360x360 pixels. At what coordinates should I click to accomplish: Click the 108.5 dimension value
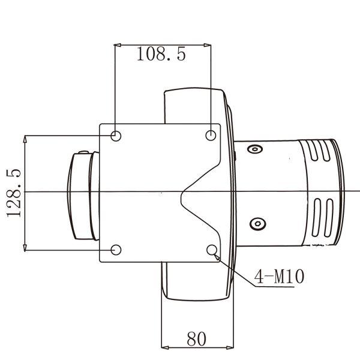click(161, 55)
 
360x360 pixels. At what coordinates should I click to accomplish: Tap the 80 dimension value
click(196, 338)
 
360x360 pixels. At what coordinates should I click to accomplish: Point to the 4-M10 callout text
click(280, 276)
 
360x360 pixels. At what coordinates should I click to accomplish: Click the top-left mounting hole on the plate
click(116, 135)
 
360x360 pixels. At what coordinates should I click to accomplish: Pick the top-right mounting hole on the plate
click(211, 135)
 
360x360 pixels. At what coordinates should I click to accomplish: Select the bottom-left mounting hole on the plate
click(116, 249)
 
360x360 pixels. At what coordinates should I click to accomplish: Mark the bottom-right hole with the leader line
click(211, 249)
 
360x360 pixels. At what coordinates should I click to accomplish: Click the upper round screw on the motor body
click(256, 149)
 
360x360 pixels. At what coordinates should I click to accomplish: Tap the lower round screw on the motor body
click(257, 224)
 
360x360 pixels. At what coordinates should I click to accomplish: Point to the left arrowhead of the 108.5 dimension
click(118, 44)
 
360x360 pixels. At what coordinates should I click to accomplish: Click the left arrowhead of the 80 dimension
click(166, 347)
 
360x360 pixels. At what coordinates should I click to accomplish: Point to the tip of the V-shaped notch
click(182, 192)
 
